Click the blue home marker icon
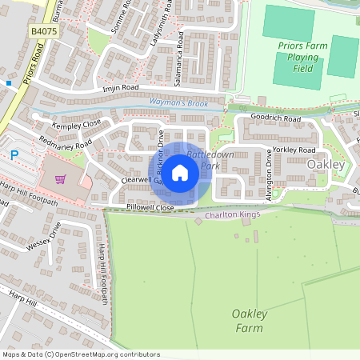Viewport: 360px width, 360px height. (180, 172)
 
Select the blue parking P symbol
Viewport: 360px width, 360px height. (12, 155)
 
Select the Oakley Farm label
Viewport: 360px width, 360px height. (248, 320)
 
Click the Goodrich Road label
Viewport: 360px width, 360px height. (275, 118)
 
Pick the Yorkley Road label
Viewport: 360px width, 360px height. (294, 150)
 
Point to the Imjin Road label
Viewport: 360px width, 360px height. (120, 87)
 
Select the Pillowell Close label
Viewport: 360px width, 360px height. (150, 207)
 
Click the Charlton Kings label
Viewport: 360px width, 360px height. (233, 215)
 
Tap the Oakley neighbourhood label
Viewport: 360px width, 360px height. (326, 165)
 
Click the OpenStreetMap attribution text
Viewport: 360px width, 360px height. (80, 354)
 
